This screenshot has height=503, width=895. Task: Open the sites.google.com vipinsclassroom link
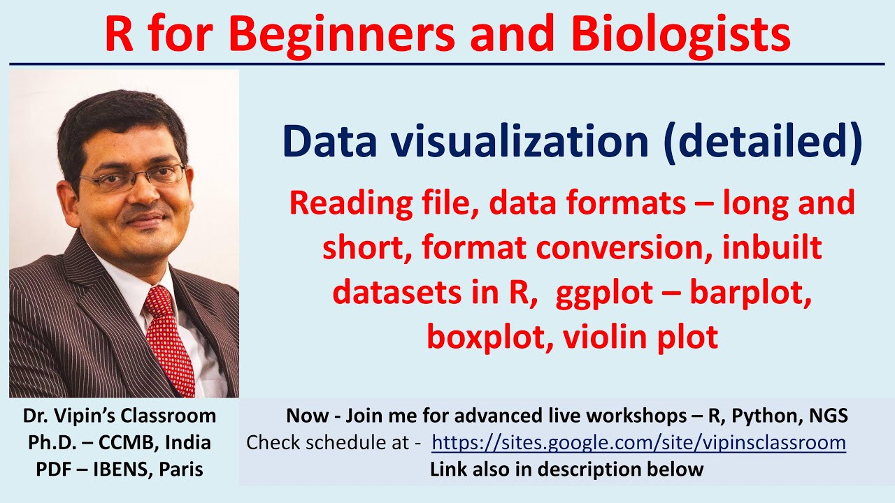[x=638, y=443]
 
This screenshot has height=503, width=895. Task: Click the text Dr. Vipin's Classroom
[x=120, y=416]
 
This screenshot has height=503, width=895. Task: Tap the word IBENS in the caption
[x=115, y=469]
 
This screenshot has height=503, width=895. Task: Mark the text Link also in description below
[x=566, y=469]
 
